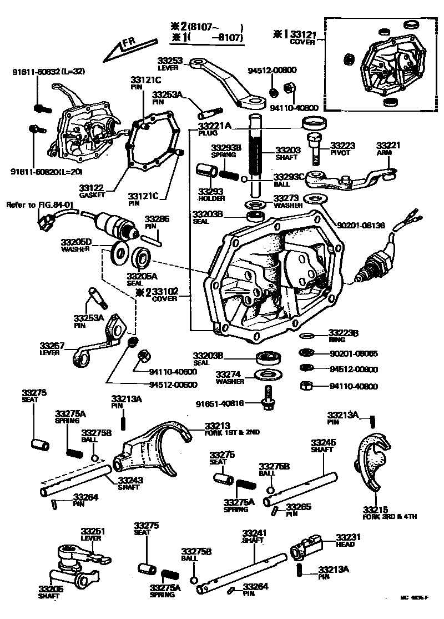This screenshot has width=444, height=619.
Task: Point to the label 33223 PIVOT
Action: point(342,149)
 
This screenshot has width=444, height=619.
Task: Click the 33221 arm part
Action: point(355,181)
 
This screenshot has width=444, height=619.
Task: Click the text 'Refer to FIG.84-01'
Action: point(40,204)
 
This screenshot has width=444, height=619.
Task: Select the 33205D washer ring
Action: point(119,253)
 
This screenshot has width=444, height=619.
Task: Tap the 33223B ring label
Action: point(343,333)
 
